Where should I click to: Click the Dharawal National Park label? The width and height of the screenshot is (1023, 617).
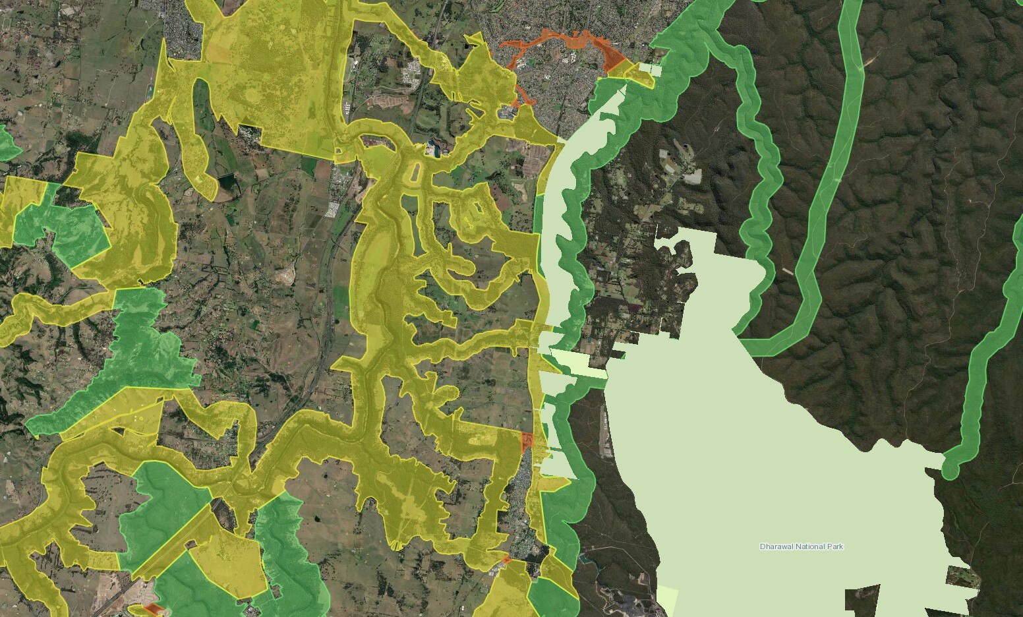point(801,546)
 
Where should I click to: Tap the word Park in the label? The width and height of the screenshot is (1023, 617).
point(833,546)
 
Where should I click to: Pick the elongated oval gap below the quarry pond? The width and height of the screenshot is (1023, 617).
point(416,173)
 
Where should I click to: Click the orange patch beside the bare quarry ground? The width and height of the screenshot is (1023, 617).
point(153,608)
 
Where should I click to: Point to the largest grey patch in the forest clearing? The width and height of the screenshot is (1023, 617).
point(692,177)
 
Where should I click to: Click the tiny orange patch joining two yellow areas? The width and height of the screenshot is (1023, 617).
point(506,560)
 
